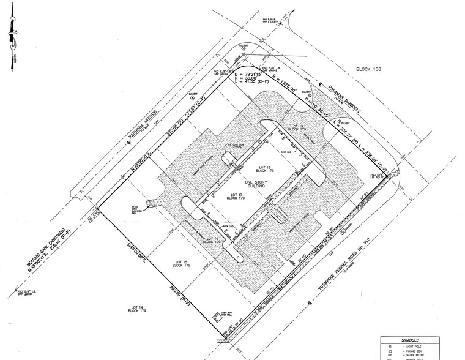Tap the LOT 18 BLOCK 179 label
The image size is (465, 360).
tap(265, 170)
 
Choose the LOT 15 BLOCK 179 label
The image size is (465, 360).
tap(175, 263)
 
